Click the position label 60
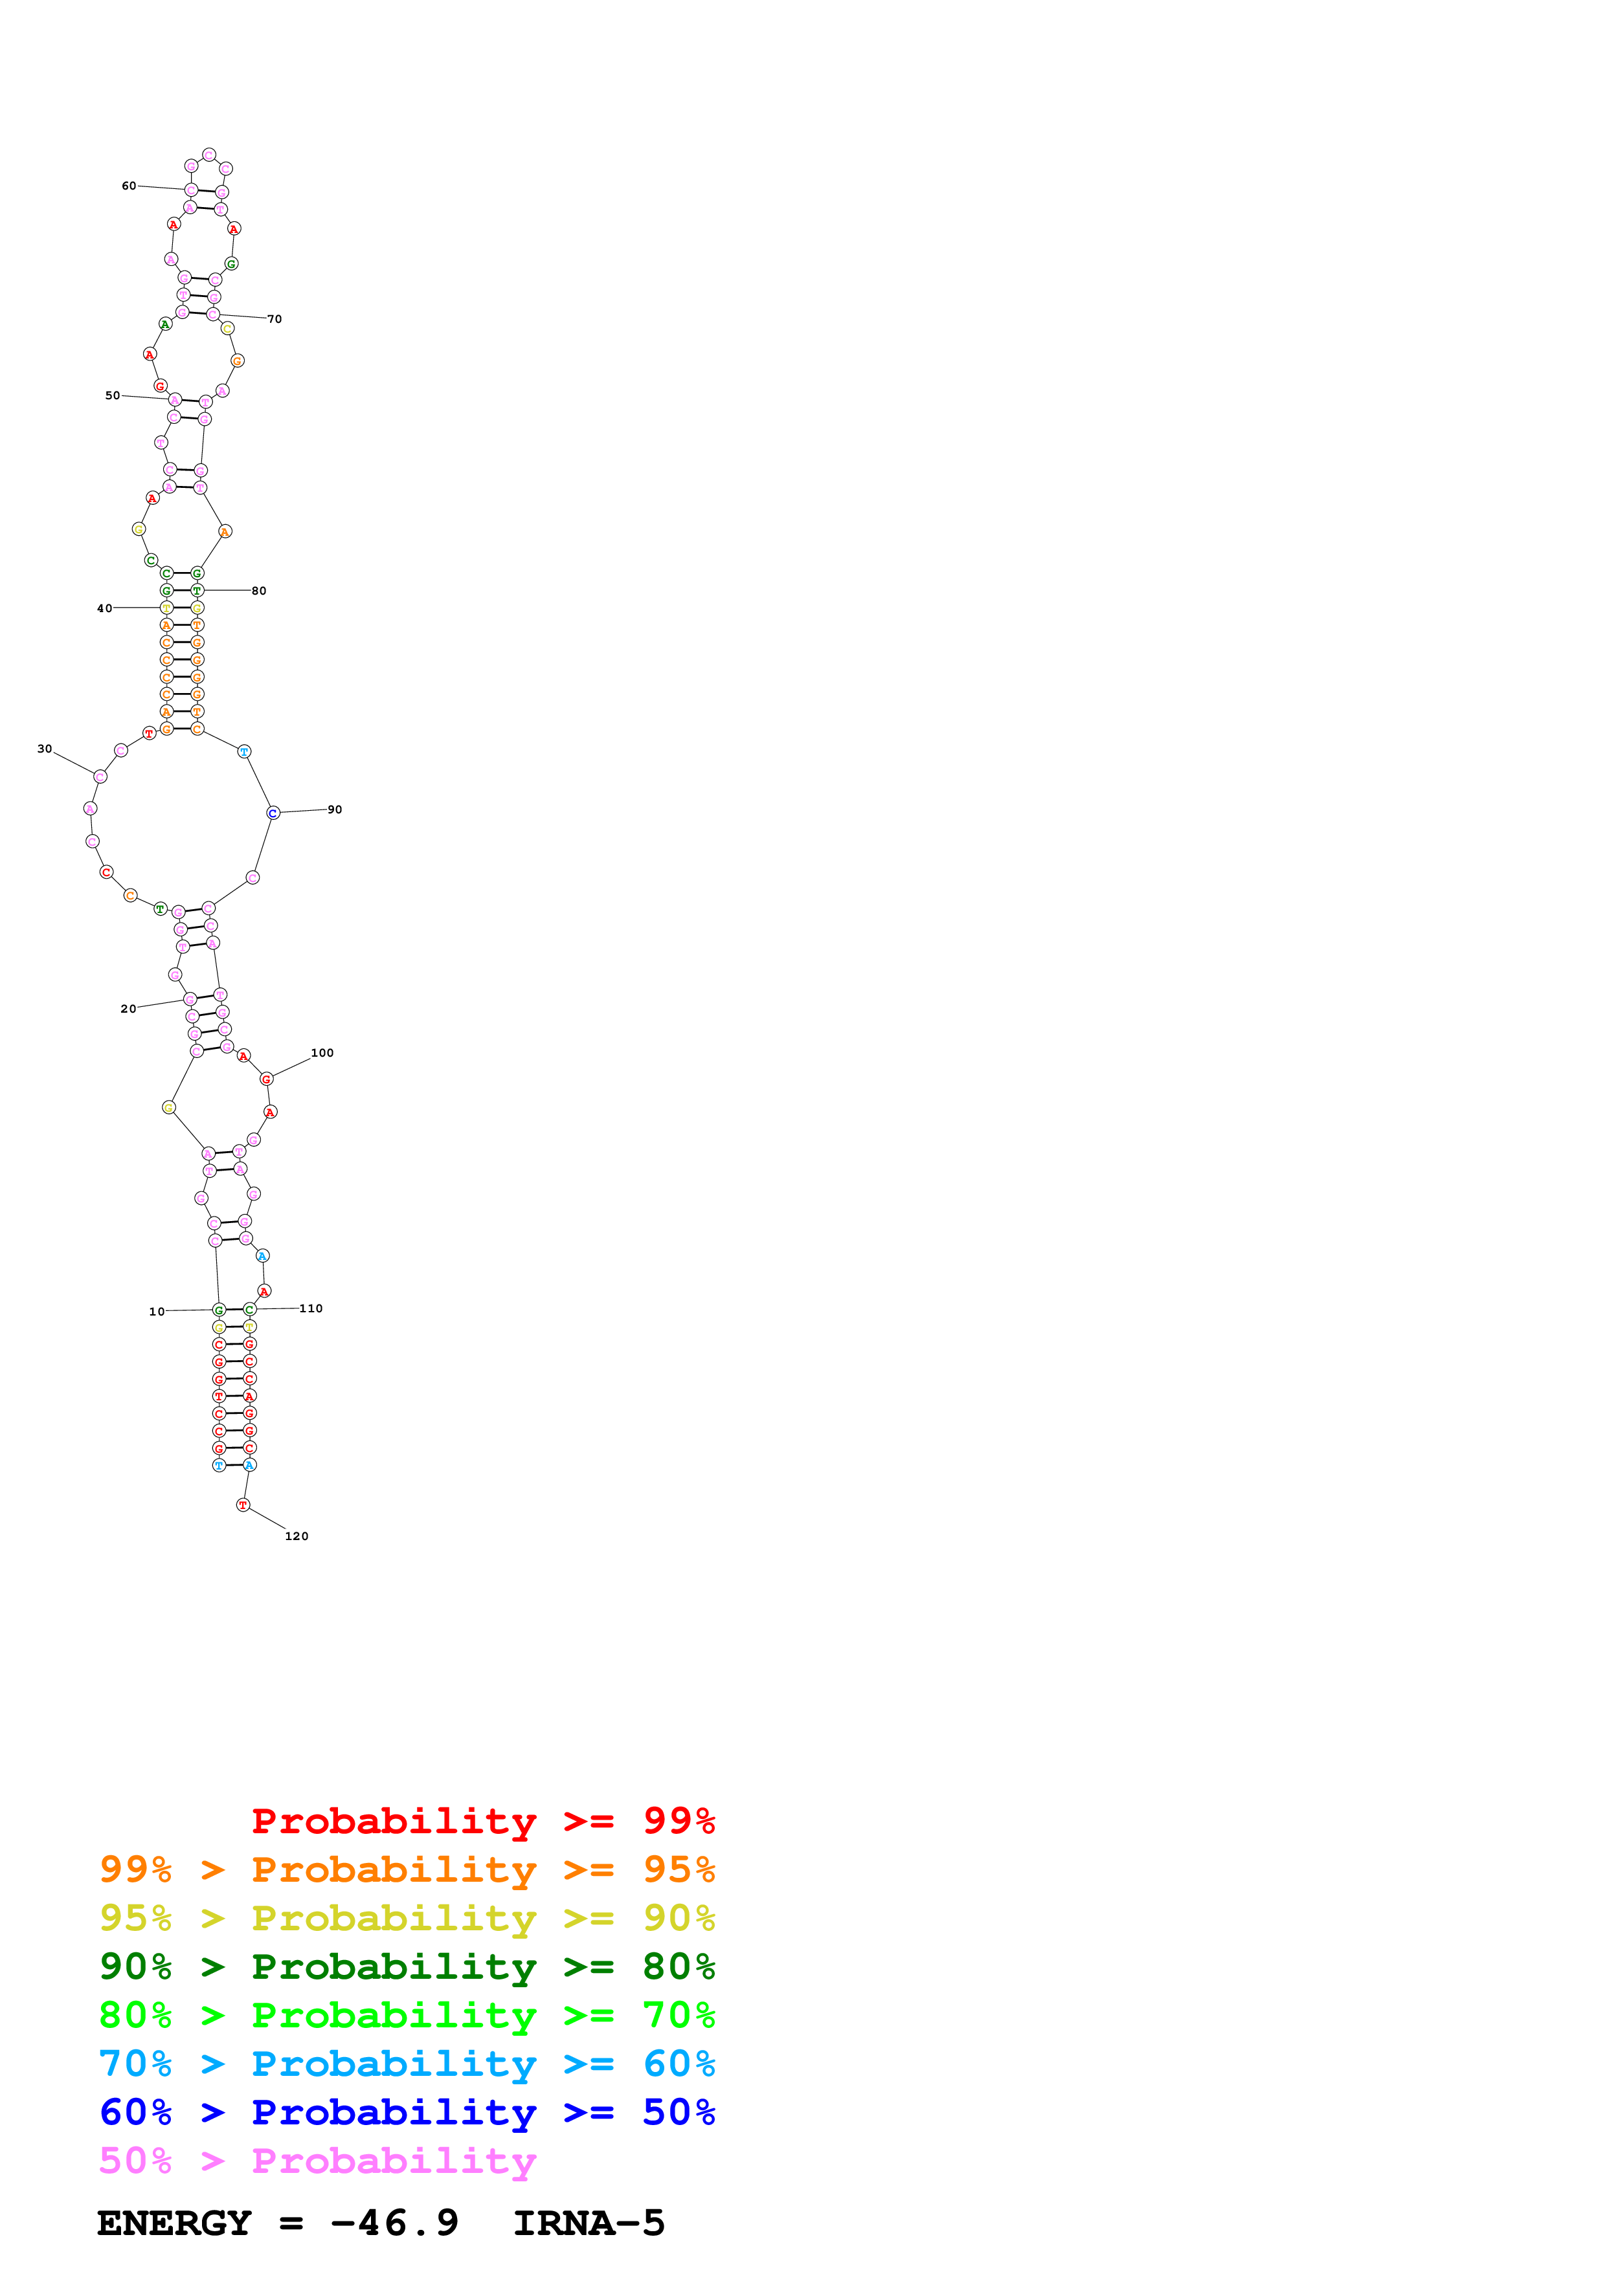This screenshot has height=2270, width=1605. click(x=129, y=186)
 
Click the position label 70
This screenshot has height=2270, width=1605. click(x=275, y=320)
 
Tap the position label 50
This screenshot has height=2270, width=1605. click(x=113, y=395)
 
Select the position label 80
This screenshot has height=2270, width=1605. click(x=259, y=591)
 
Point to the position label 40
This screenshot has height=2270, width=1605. click(x=104, y=608)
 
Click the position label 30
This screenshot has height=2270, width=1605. click(x=45, y=749)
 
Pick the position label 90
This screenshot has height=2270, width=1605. click(x=335, y=810)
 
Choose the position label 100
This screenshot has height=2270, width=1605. click(x=322, y=1053)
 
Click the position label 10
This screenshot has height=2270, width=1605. click(x=156, y=1312)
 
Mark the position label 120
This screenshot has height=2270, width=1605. click(x=297, y=1536)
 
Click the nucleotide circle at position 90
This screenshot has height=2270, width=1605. click(x=273, y=813)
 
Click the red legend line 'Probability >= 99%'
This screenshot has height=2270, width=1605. click(x=482, y=1820)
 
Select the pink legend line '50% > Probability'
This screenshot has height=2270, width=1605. click(x=317, y=2160)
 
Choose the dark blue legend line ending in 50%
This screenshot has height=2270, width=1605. click(x=407, y=2112)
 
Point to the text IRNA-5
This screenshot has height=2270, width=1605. click(x=589, y=2223)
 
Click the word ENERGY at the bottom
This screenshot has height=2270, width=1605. click(x=174, y=2223)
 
